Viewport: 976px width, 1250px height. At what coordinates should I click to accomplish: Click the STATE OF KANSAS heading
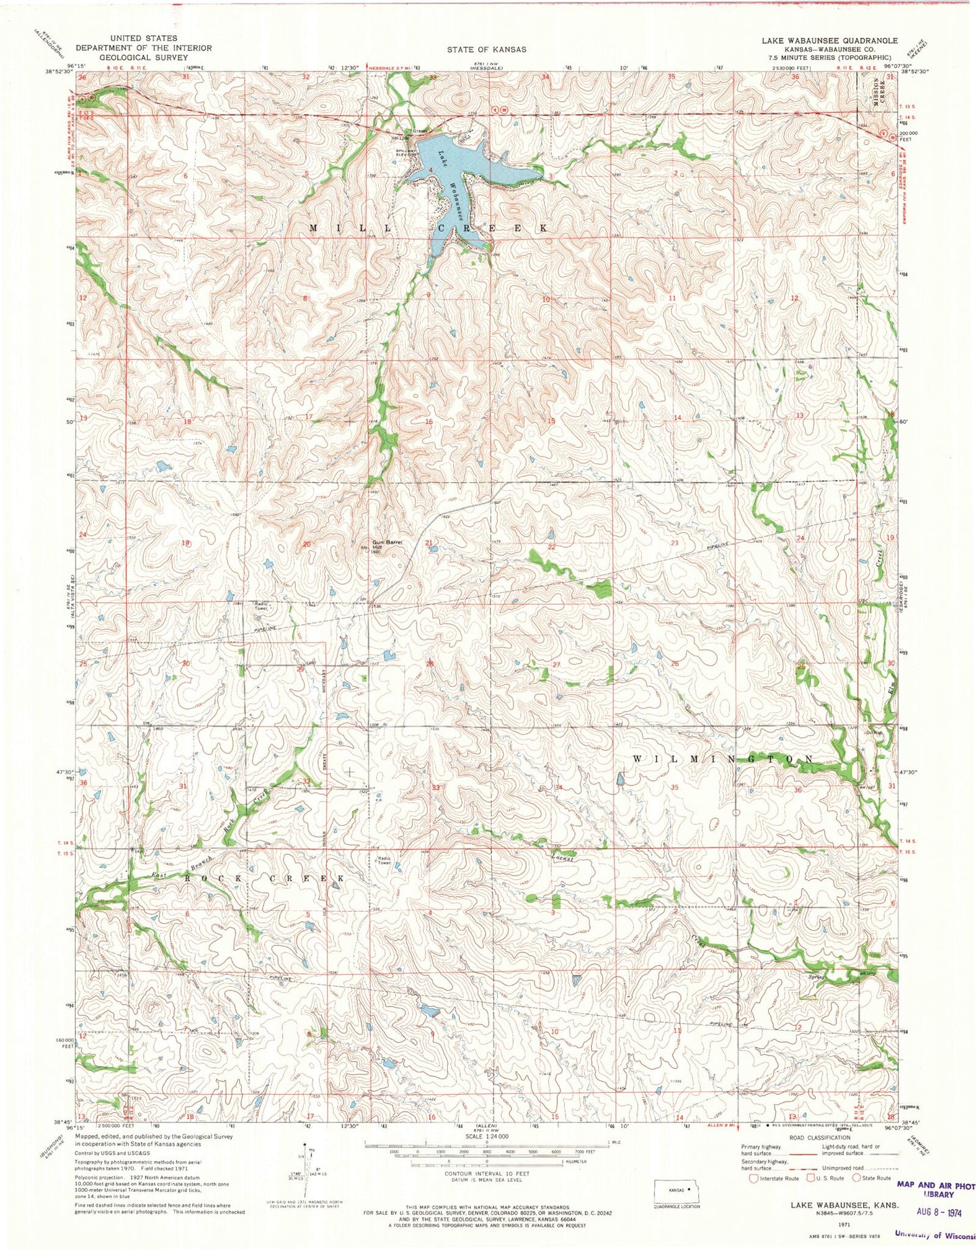(x=486, y=49)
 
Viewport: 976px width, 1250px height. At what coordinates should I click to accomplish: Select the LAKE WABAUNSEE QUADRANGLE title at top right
(x=829, y=41)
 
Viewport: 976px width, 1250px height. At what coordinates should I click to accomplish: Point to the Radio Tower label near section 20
(x=261, y=606)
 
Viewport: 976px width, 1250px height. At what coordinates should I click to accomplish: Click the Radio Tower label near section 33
(x=384, y=860)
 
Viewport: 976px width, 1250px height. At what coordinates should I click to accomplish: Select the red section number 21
(x=428, y=543)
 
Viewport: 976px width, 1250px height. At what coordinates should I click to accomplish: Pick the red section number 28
(x=428, y=665)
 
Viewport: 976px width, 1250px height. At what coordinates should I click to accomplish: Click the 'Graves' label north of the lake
(x=421, y=132)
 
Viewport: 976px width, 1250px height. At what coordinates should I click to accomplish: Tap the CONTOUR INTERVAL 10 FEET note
(x=486, y=1174)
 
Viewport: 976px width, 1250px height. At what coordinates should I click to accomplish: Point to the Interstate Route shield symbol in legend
(x=754, y=1178)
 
